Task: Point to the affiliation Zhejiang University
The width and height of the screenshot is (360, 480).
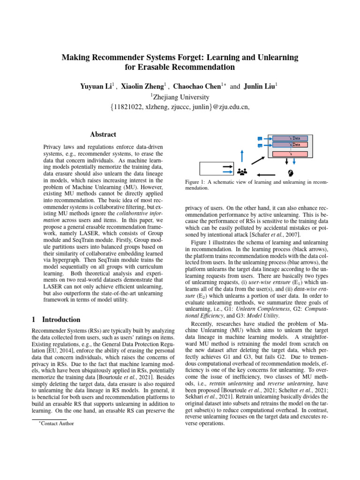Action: click(180, 97)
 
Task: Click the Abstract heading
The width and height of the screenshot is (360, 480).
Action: click(103, 134)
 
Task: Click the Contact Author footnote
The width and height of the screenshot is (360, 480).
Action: click(57, 424)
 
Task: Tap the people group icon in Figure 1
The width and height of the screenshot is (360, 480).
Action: click(242, 172)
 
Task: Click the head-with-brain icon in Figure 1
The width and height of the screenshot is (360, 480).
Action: click(290, 172)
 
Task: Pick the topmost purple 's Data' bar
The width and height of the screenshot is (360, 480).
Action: click(290, 139)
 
